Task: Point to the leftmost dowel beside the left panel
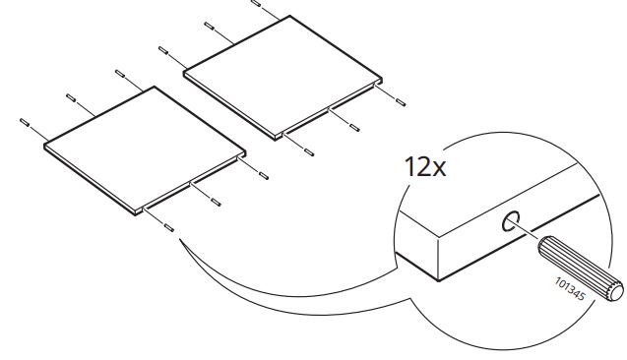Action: click(25, 121)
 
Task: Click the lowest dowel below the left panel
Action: click(169, 226)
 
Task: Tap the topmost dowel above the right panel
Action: click(257, 3)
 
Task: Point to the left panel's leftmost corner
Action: click(45, 146)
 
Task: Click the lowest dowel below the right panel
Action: click(308, 150)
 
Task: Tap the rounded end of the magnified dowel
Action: click(617, 289)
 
